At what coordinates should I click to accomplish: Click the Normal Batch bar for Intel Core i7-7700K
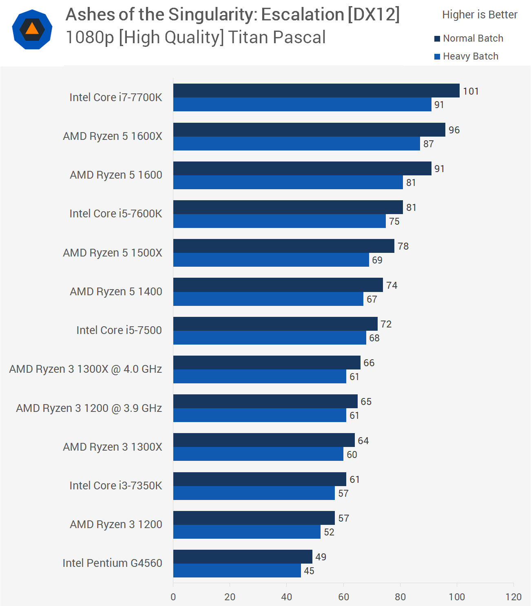316,91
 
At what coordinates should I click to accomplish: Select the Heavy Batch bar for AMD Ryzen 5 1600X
296,144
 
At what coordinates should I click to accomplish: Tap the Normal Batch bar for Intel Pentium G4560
243,557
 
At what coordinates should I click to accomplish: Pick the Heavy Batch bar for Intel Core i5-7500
270,338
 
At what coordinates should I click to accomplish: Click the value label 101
471,91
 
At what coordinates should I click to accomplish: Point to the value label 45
309,571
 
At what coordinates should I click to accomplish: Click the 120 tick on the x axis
513,597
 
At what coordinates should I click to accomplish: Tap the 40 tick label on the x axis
287,597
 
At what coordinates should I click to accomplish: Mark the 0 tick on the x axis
173,597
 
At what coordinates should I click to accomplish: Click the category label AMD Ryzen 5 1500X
113,253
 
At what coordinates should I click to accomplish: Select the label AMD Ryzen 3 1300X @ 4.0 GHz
86,369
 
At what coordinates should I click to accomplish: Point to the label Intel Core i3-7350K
116,486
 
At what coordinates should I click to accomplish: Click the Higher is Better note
480,15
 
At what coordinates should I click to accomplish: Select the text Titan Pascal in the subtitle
277,38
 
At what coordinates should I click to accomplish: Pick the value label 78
403,246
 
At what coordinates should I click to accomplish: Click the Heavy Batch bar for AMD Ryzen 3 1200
247,532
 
